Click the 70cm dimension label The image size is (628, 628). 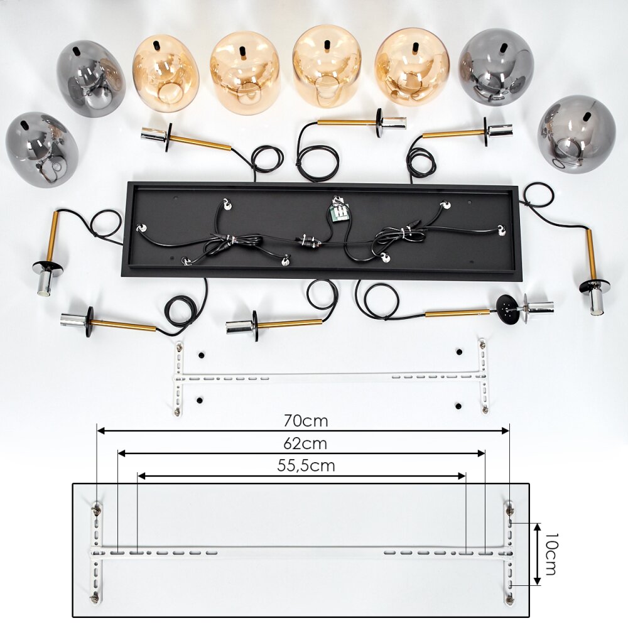[x=306, y=421]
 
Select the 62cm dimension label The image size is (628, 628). [x=305, y=443]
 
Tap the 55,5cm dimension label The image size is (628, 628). [x=306, y=466]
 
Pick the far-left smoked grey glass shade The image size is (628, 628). [x=41, y=149]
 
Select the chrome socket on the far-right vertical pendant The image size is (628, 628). [x=595, y=299]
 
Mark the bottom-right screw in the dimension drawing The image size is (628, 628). [x=509, y=598]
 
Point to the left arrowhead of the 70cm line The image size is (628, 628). [x=101, y=431]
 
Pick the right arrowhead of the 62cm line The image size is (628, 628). [x=481, y=453]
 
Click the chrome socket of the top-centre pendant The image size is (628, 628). [x=394, y=123]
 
